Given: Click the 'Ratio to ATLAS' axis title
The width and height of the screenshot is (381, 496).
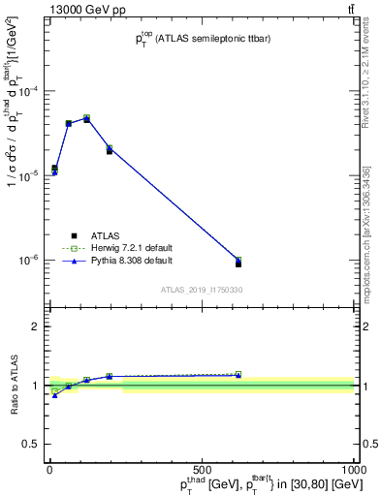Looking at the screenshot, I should tap(15, 385).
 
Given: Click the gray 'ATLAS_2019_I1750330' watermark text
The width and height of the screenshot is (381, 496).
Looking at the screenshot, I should tap(202, 290).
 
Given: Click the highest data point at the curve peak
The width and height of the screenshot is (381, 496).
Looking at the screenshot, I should tap(86, 118).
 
